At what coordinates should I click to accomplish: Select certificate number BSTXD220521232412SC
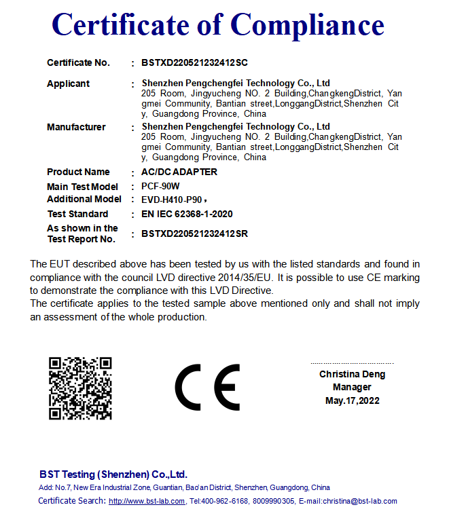[x=194, y=63]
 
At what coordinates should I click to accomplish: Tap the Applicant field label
[x=68, y=83]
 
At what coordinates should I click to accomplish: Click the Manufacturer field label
[x=76, y=127]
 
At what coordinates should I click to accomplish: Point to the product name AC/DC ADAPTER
[x=179, y=172]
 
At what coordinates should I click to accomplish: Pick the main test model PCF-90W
[x=160, y=187]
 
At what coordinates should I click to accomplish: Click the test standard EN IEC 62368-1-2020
[x=187, y=214]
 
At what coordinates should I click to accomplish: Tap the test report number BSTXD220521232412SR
[x=194, y=234]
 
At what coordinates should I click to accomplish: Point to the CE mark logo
[x=207, y=388]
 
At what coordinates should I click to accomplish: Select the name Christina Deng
[x=352, y=374]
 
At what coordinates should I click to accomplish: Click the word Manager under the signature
[x=352, y=387]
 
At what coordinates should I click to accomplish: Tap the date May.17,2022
[x=352, y=400]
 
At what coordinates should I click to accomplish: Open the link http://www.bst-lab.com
[x=147, y=502]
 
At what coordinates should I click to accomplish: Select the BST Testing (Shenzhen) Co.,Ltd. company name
[x=113, y=474]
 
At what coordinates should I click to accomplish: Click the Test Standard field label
[x=77, y=214]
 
